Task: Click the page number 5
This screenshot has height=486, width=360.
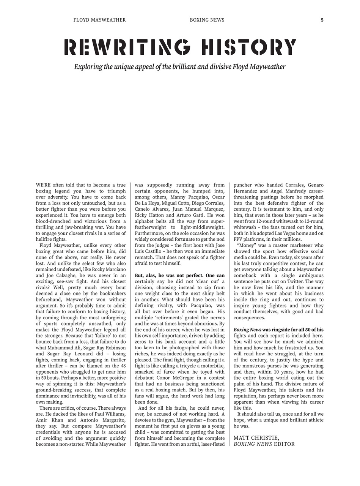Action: [322, 20]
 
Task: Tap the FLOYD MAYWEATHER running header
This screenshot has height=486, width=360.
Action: [99, 20]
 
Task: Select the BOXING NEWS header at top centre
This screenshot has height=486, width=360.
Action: [207, 20]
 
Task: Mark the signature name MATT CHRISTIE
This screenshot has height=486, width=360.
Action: [256, 438]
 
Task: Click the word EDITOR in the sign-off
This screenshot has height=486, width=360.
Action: [284, 444]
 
